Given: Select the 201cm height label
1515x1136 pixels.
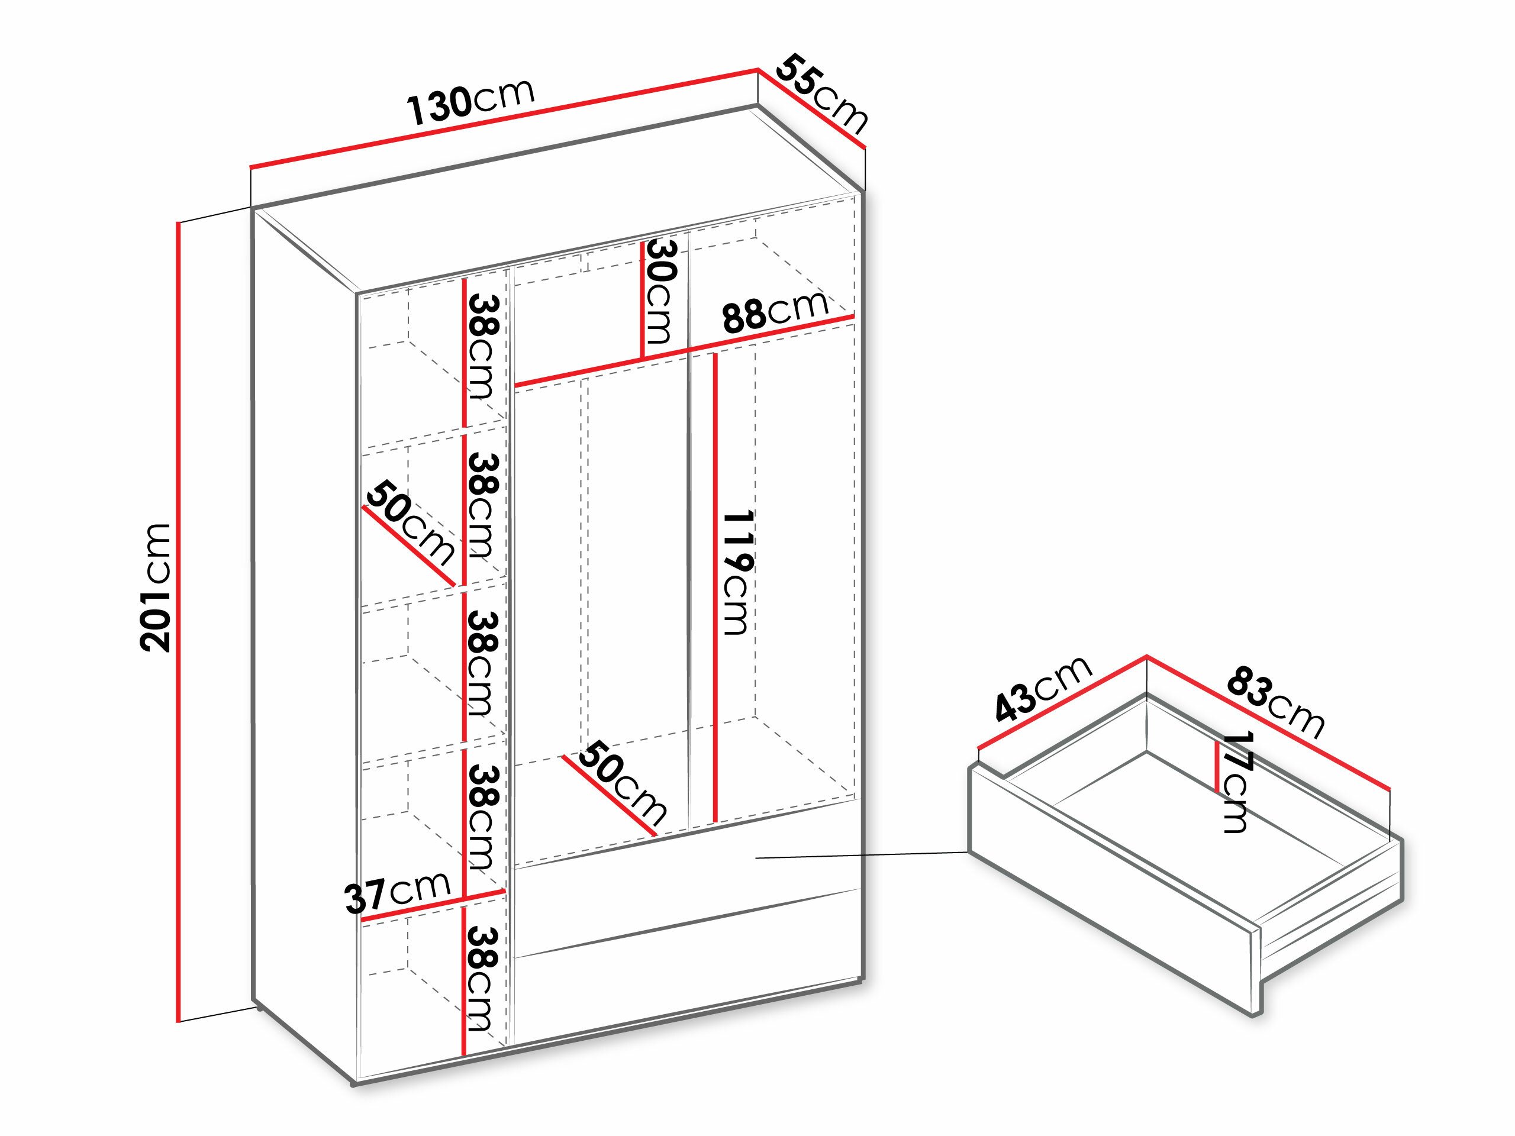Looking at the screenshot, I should [156, 587].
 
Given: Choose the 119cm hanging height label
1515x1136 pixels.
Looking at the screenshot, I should [736, 572].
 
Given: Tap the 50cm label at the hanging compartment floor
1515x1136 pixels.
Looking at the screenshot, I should [622, 783].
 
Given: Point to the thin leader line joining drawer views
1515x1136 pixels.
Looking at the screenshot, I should [863, 855].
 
